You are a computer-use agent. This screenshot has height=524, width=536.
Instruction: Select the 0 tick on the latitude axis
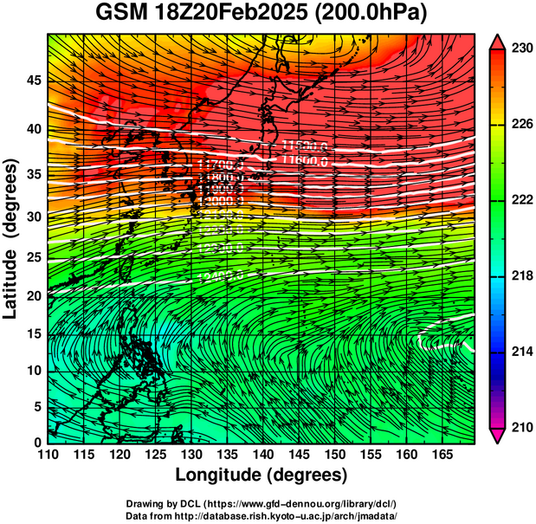37,443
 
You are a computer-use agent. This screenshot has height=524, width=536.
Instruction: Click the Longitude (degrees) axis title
262,475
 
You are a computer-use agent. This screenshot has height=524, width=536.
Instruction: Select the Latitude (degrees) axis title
11,237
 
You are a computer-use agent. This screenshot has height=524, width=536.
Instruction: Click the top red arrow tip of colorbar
497,40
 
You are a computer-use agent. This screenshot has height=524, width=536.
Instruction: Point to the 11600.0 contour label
305,160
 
